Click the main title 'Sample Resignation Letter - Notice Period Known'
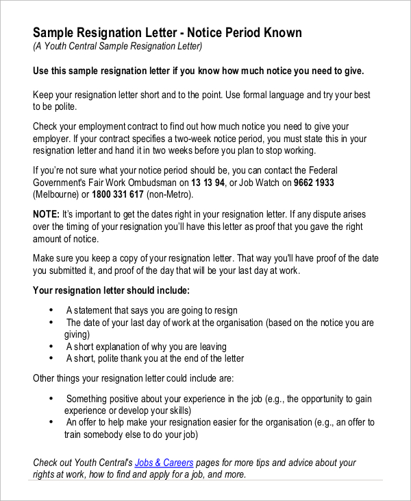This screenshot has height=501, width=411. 167,33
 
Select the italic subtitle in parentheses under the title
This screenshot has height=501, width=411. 118,47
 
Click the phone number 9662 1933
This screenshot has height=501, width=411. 314,183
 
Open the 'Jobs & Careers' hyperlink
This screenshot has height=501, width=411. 164,463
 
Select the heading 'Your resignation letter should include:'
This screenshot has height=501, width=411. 112,290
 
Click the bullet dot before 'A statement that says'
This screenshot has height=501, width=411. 52,310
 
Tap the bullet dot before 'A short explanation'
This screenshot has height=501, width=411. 52,347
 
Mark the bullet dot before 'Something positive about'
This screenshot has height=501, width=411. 52,399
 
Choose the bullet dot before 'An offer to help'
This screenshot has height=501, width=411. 52,423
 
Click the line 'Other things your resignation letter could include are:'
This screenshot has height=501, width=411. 134,378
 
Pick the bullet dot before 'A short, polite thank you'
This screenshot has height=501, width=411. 52,358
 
